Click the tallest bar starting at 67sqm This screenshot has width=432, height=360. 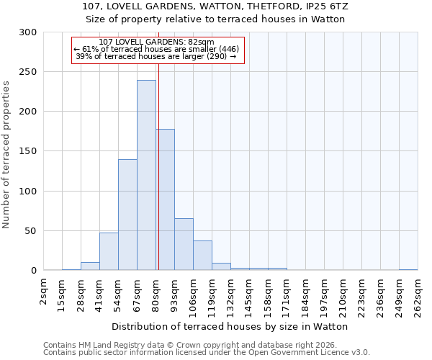tap(146, 176)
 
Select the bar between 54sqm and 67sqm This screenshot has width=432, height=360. tap(127, 215)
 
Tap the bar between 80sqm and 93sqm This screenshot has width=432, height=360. tap(166, 200)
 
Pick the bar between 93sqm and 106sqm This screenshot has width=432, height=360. tap(184, 245)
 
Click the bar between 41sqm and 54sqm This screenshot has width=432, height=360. tap(109, 252)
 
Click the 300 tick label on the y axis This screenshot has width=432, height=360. tap(28, 32)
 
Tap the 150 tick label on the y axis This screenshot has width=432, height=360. tap(28, 152)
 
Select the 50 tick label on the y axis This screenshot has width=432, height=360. tap(31, 231)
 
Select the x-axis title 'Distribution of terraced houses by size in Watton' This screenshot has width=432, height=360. tap(230, 326)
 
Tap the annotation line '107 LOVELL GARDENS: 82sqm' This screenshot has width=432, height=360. tap(156, 42)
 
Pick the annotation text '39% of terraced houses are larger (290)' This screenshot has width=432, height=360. tap(156, 56)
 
